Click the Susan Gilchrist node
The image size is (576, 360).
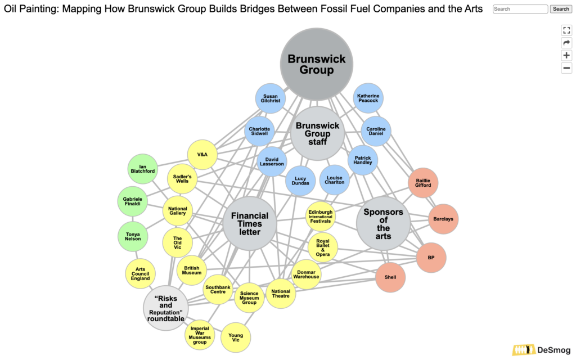click(271, 99)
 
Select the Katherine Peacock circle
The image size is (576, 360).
click(368, 98)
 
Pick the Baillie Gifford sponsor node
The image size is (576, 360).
click(423, 182)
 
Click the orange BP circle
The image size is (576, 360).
click(431, 257)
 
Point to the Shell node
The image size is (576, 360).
click(390, 277)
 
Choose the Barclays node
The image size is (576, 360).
click(443, 219)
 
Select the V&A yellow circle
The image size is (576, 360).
click(202, 155)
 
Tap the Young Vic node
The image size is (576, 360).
click(236, 337)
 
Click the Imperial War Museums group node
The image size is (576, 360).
click(200, 335)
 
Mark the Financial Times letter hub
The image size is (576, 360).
click(250, 223)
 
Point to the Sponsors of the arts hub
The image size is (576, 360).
click(384, 223)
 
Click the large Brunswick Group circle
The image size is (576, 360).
click(317, 64)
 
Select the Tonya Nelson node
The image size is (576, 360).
click(133, 236)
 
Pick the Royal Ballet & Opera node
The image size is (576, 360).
click(323, 247)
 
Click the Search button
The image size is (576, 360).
click(560, 9)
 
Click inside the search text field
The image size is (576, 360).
click(520, 9)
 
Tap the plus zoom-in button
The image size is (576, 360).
click(566, 55)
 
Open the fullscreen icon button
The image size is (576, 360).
click(566, 30)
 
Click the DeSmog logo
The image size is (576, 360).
click(541, 350)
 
